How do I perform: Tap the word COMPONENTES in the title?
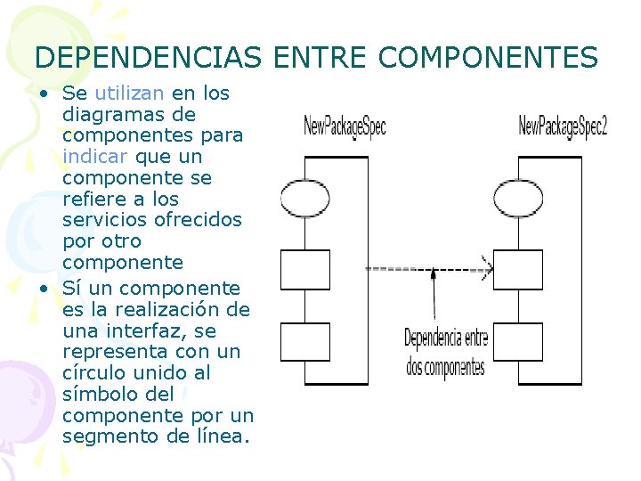[x=488, y=58]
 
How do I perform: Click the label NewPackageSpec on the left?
[x=345, y=126]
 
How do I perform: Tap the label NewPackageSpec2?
[x=563, y=126]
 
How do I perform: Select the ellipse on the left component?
[x=304, y=197]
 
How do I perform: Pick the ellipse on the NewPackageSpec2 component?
[x=518, y=197]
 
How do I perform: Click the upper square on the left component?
[x=304, y=269]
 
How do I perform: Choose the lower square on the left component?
[x=304, y=341]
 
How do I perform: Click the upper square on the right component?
[x=518, y=269]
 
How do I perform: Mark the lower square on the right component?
[x=518, y=341]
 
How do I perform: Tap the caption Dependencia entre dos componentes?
[x=446, y=352]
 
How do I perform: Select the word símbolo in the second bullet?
[x=100, y=394]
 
